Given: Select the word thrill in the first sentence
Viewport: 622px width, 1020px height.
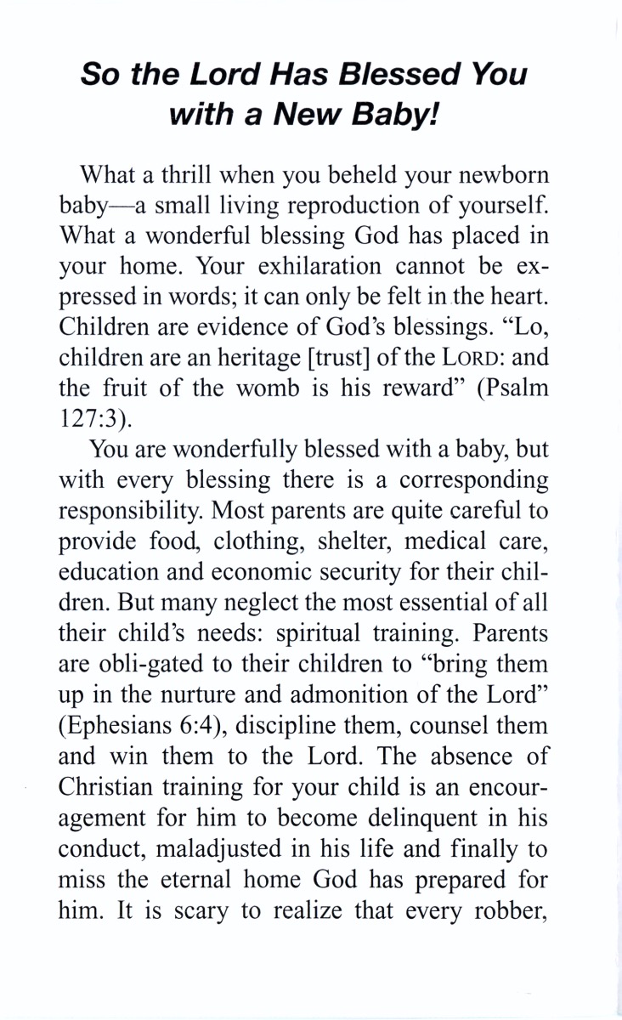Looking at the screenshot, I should tap(184, 175).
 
